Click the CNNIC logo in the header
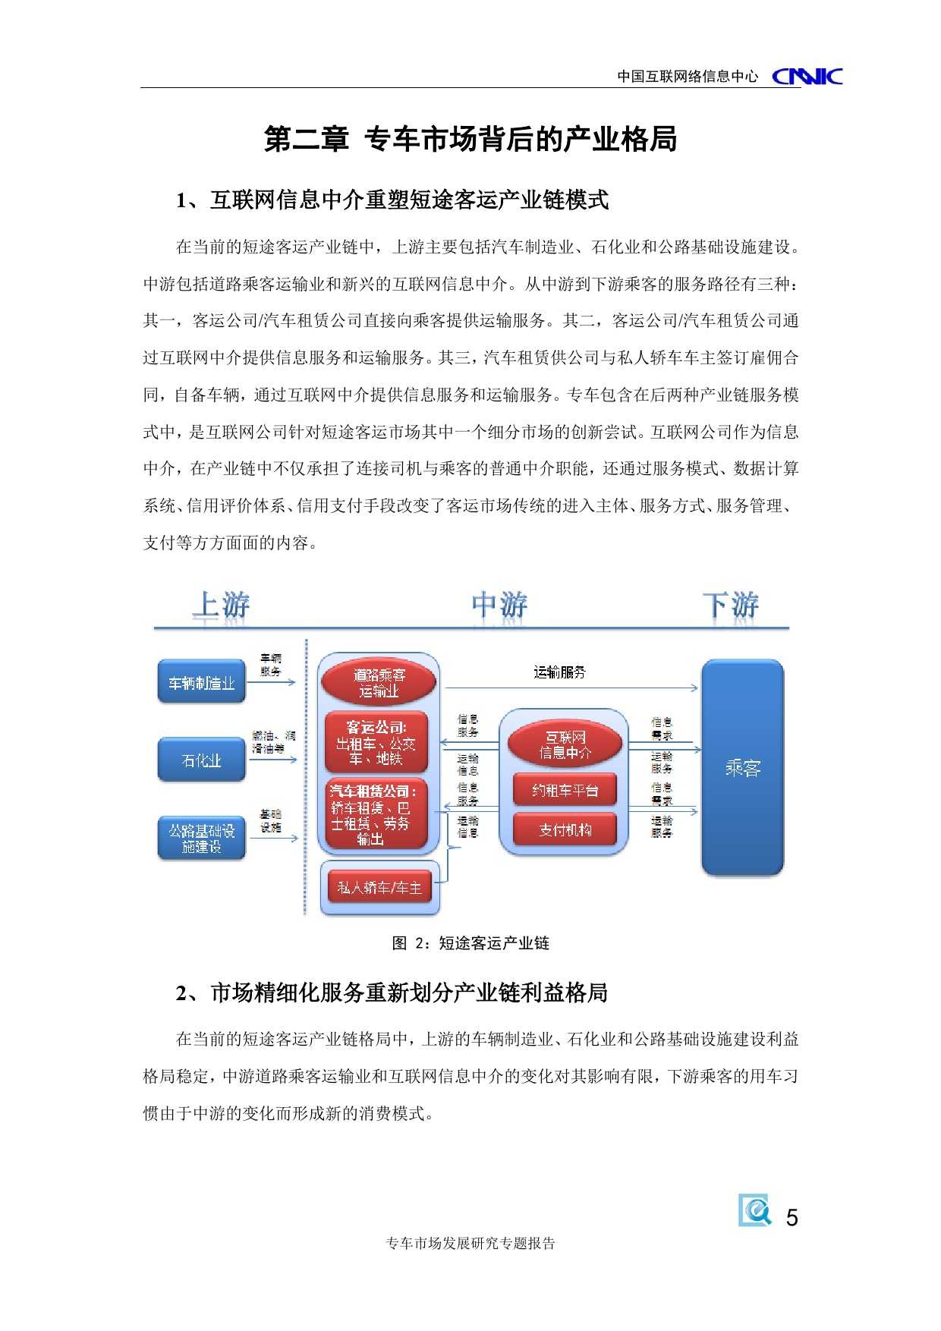coord(807,76)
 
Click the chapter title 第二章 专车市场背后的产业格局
coord(470,140)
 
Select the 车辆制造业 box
coord(202,683)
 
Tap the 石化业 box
coord(202,760)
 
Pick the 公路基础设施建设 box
coord(202,838)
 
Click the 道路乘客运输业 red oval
coord(379,683)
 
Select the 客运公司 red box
coord(376,742)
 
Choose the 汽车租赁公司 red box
coord(376,814)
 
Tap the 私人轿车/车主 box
coord(379,887)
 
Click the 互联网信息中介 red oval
coord(565,744)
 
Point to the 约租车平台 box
coord(565,791)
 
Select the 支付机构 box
coord(565,830)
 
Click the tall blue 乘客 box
coord(741,768)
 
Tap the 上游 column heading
coord(221,606)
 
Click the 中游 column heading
coord(499,606)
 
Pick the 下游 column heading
coord(730,606)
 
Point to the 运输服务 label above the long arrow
coord(560,672)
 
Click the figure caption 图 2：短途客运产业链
coord(470,943)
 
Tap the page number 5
coord(792,1218)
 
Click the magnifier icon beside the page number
coord(755,1210)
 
